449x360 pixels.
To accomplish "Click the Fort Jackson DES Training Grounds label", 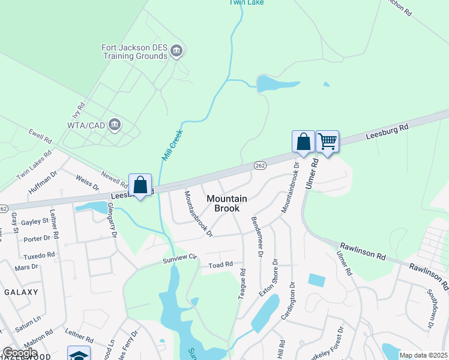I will [134, 52].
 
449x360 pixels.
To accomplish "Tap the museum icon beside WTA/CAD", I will [115, 125].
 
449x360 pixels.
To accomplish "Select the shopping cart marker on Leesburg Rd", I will [327, 142].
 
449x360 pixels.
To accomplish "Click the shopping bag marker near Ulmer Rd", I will [304, 142].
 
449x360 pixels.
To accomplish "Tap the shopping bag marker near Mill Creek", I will [140, 185].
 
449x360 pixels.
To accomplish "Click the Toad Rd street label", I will [220, 265].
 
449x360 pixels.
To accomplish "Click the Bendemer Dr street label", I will [257, 237].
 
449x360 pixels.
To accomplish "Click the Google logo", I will [20, 353].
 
